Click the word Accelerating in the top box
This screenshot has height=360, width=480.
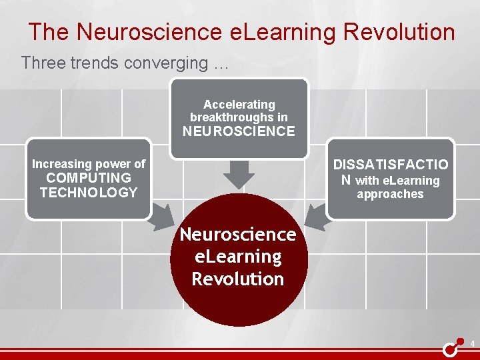point(239,105)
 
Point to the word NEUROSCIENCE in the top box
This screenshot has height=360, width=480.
point(239,131)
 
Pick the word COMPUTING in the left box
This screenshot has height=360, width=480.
point(88,178)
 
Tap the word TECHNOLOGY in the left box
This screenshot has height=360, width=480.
point(88,193)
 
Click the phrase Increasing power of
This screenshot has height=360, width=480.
point(88,164)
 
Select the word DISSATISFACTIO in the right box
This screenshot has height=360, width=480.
point(391,165)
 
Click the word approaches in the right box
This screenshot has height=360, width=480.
point(390,195)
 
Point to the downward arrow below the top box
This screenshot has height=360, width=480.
point(239,175)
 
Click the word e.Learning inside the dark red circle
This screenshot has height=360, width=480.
point(238,257)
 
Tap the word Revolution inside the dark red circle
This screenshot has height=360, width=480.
point(238,279)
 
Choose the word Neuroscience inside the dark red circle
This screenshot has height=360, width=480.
point(238,235)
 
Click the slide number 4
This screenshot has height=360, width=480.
point(472,345)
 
